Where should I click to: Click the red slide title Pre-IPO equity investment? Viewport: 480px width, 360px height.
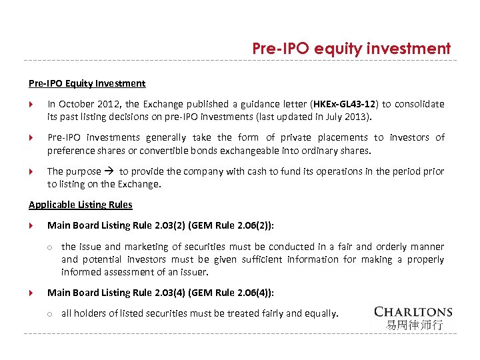click(351, 49)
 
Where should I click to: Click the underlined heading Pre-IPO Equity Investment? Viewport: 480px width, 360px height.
click(87, 83)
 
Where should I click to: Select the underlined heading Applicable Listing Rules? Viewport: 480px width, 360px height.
click(81, 205)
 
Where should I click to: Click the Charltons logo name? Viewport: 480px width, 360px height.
click(413, 311)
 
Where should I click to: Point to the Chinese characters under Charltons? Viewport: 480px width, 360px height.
click(413, 325)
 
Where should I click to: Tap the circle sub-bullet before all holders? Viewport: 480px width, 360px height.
click(50, 313)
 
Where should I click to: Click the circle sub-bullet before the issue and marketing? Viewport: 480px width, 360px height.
click(50, 247)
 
